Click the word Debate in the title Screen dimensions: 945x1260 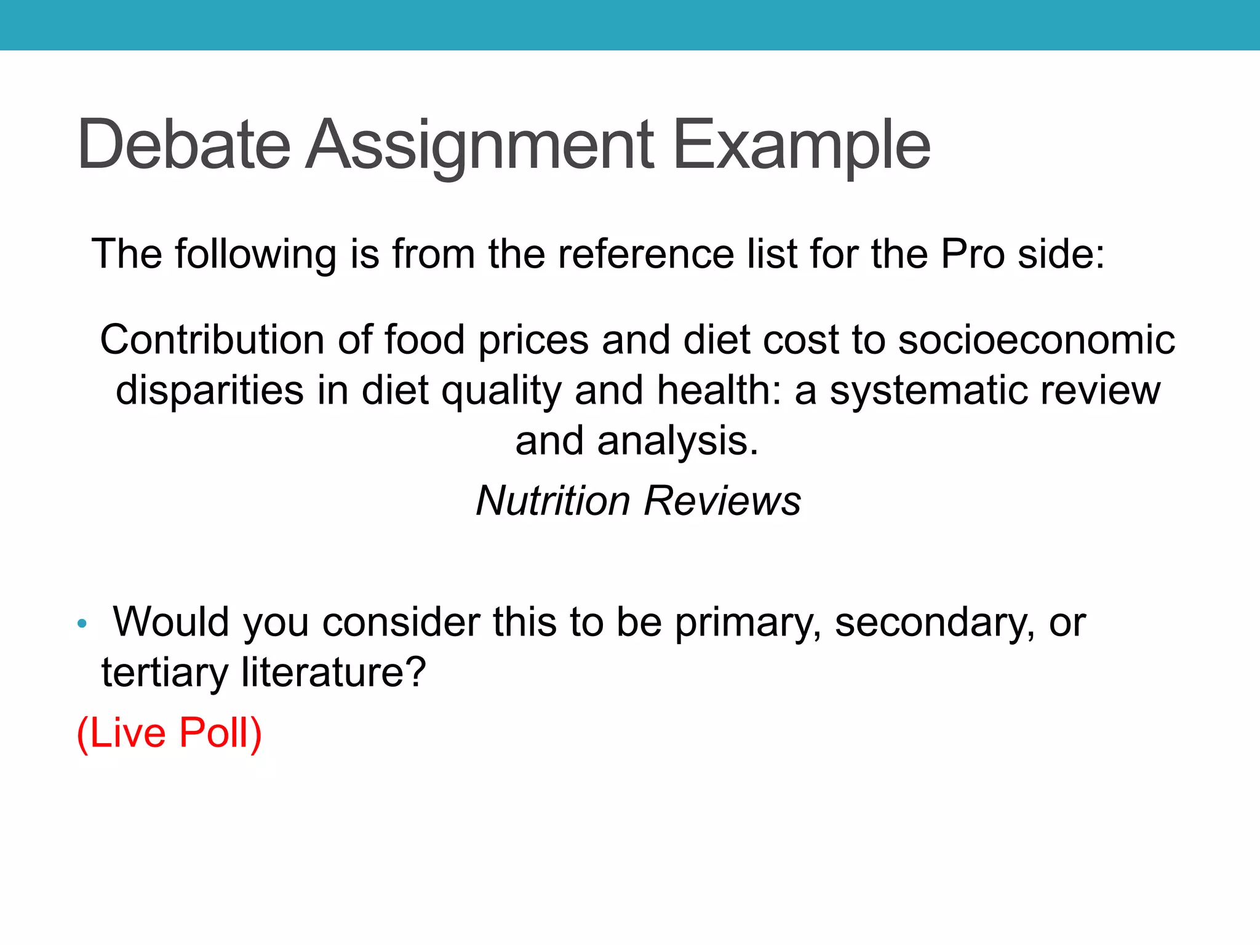point(183,145)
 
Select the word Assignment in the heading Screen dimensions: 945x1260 point(479,145)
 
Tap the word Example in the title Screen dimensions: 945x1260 point(801,145)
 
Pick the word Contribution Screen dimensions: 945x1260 point(212,340)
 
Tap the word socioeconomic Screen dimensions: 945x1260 point(1036,340)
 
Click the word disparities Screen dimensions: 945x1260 point(209,390)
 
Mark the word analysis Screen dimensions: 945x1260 point(677,441)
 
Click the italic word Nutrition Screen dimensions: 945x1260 point(552,500)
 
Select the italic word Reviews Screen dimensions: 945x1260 point(722,500)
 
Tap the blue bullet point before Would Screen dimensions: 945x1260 point(82,624)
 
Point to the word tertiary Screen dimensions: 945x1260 point(164,672)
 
